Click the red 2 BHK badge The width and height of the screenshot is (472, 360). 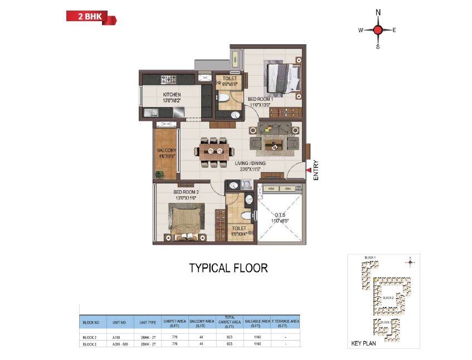pyautogui.click(x=91, y=17)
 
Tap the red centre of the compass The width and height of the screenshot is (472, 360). pyautogui.click(x=378, y=30)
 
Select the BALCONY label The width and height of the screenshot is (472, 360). pyautogui.click(x=167, y=150)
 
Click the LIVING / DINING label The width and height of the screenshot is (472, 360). pyautogui.click(x=250, y=163)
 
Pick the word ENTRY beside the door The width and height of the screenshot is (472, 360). pyautogui.click(x=316, y=170)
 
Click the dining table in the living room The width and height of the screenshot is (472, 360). pyautogui.click(x=214, y=151)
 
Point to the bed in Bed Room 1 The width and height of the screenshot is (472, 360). pyautogui.click(x=284, y=79)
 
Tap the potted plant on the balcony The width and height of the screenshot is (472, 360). pyautogui.click(x=160, y=175)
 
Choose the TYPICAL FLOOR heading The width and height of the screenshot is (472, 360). pyautogui.click(x=228, y=268)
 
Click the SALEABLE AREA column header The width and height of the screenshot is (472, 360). pyautogui.click(x=257, y=322)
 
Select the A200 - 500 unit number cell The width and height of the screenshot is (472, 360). pyautogui.click(x=120, y=344)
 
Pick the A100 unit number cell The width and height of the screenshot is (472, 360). pyautogui.click(x=116, y=337)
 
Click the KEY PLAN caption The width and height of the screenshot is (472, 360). pyautogui.click(x=364, y=343)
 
